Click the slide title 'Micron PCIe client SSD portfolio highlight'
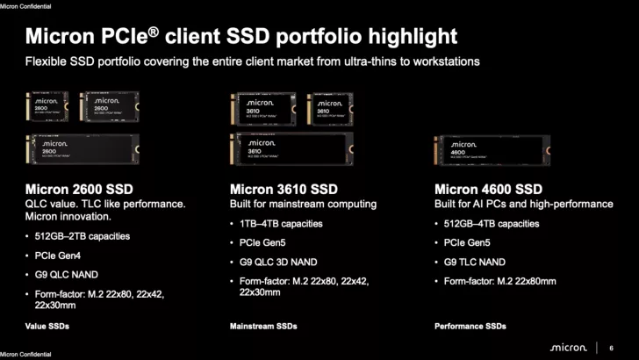pos(241,37)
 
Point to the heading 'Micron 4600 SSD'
pos(488,189)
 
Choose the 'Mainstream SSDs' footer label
pos(263,326)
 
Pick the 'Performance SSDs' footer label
pos(470,326)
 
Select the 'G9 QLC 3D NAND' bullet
pos(278,261)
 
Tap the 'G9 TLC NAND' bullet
pos(475,261)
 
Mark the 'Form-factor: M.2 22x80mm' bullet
pos(500,280)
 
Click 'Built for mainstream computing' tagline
pos(303,204)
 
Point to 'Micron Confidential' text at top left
pos(25,6)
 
